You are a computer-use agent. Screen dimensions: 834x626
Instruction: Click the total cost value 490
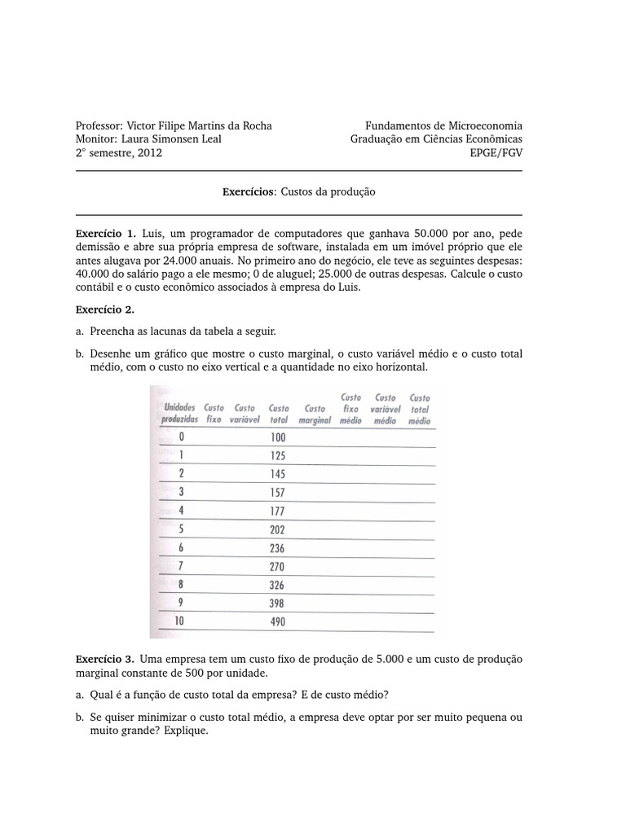278,622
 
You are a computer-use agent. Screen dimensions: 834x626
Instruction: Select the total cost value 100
278,437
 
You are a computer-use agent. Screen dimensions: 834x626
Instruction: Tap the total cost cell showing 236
278,548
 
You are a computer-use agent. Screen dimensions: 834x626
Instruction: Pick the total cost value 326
278,586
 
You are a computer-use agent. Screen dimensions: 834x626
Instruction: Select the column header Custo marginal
315,415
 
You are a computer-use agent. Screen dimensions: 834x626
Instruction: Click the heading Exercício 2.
104,309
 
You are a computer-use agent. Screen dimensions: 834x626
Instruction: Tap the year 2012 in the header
150,152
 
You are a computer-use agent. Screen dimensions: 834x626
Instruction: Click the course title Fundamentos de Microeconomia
443,125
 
